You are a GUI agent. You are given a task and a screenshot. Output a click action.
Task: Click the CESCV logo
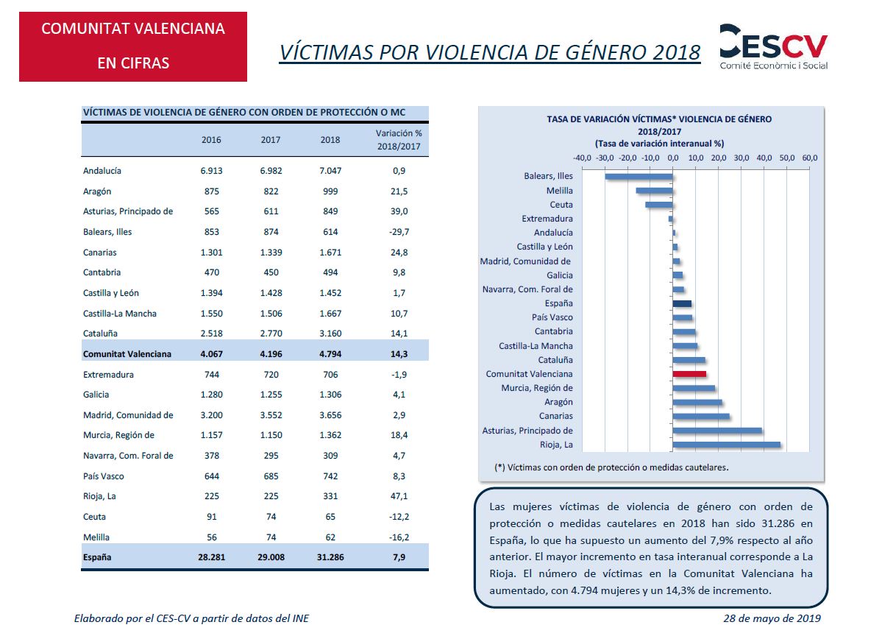pos(773,47)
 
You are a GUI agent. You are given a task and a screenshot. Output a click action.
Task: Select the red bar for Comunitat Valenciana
pos(689,374)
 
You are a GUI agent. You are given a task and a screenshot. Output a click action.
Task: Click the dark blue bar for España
pos(682,303)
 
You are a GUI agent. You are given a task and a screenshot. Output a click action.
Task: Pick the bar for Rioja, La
pos(726,445)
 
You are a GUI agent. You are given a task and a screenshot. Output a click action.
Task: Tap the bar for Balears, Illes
pos(639,177)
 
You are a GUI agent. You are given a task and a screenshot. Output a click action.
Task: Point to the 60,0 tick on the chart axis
pos(809,158)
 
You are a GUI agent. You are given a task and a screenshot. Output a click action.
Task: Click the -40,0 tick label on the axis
pos(582,158)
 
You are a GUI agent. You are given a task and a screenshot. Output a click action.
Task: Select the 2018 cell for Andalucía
pos(330,171)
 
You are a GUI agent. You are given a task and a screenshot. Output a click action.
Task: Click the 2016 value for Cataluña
pos(212,333)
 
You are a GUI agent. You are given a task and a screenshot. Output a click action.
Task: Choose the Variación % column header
pos(399,140)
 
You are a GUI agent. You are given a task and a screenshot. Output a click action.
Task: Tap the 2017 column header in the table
pos(271,140)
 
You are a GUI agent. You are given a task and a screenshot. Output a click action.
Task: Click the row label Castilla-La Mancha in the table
pos(120,314)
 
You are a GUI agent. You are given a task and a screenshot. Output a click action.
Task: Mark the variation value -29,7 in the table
pos(399,232)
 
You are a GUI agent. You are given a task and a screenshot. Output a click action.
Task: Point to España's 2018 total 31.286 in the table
pos(330,557)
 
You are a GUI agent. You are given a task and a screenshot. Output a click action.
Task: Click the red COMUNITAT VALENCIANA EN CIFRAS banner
pos(133,46)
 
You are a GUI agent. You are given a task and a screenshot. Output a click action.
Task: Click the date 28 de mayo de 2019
pos(772,618)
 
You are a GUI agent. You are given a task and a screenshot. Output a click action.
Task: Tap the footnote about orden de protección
pos(611,467)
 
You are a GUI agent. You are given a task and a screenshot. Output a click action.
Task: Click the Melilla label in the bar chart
pos(560,191)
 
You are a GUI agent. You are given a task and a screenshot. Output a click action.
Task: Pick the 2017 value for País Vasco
pos(271,476)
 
